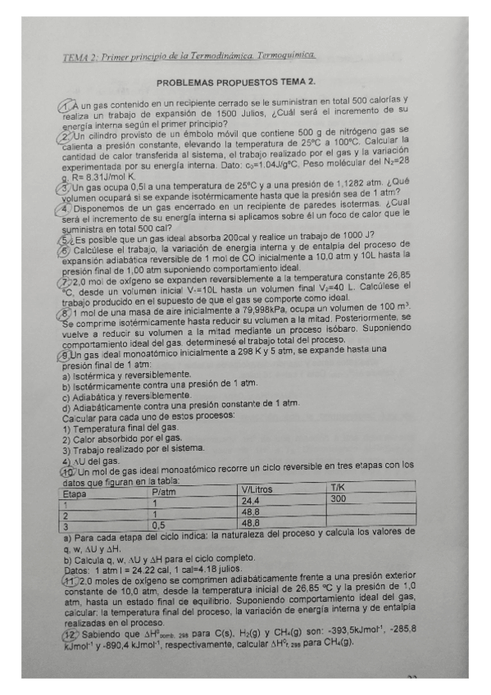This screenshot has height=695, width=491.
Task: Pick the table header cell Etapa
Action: pos(75,494)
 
